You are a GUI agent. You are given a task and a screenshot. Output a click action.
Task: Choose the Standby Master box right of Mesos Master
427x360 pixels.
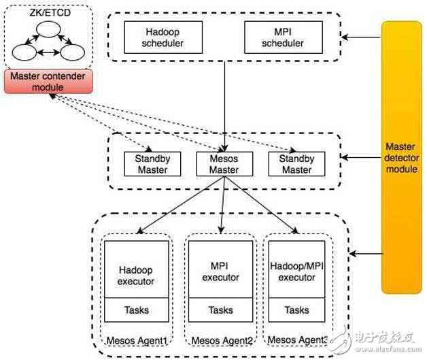coord(296,164)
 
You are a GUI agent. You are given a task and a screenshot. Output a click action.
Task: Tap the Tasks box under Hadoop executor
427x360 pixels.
coord(136,310)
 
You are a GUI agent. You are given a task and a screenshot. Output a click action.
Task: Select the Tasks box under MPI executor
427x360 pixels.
coord(220,310)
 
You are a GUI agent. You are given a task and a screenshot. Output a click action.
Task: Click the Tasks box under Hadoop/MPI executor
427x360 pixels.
coord(296,310)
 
